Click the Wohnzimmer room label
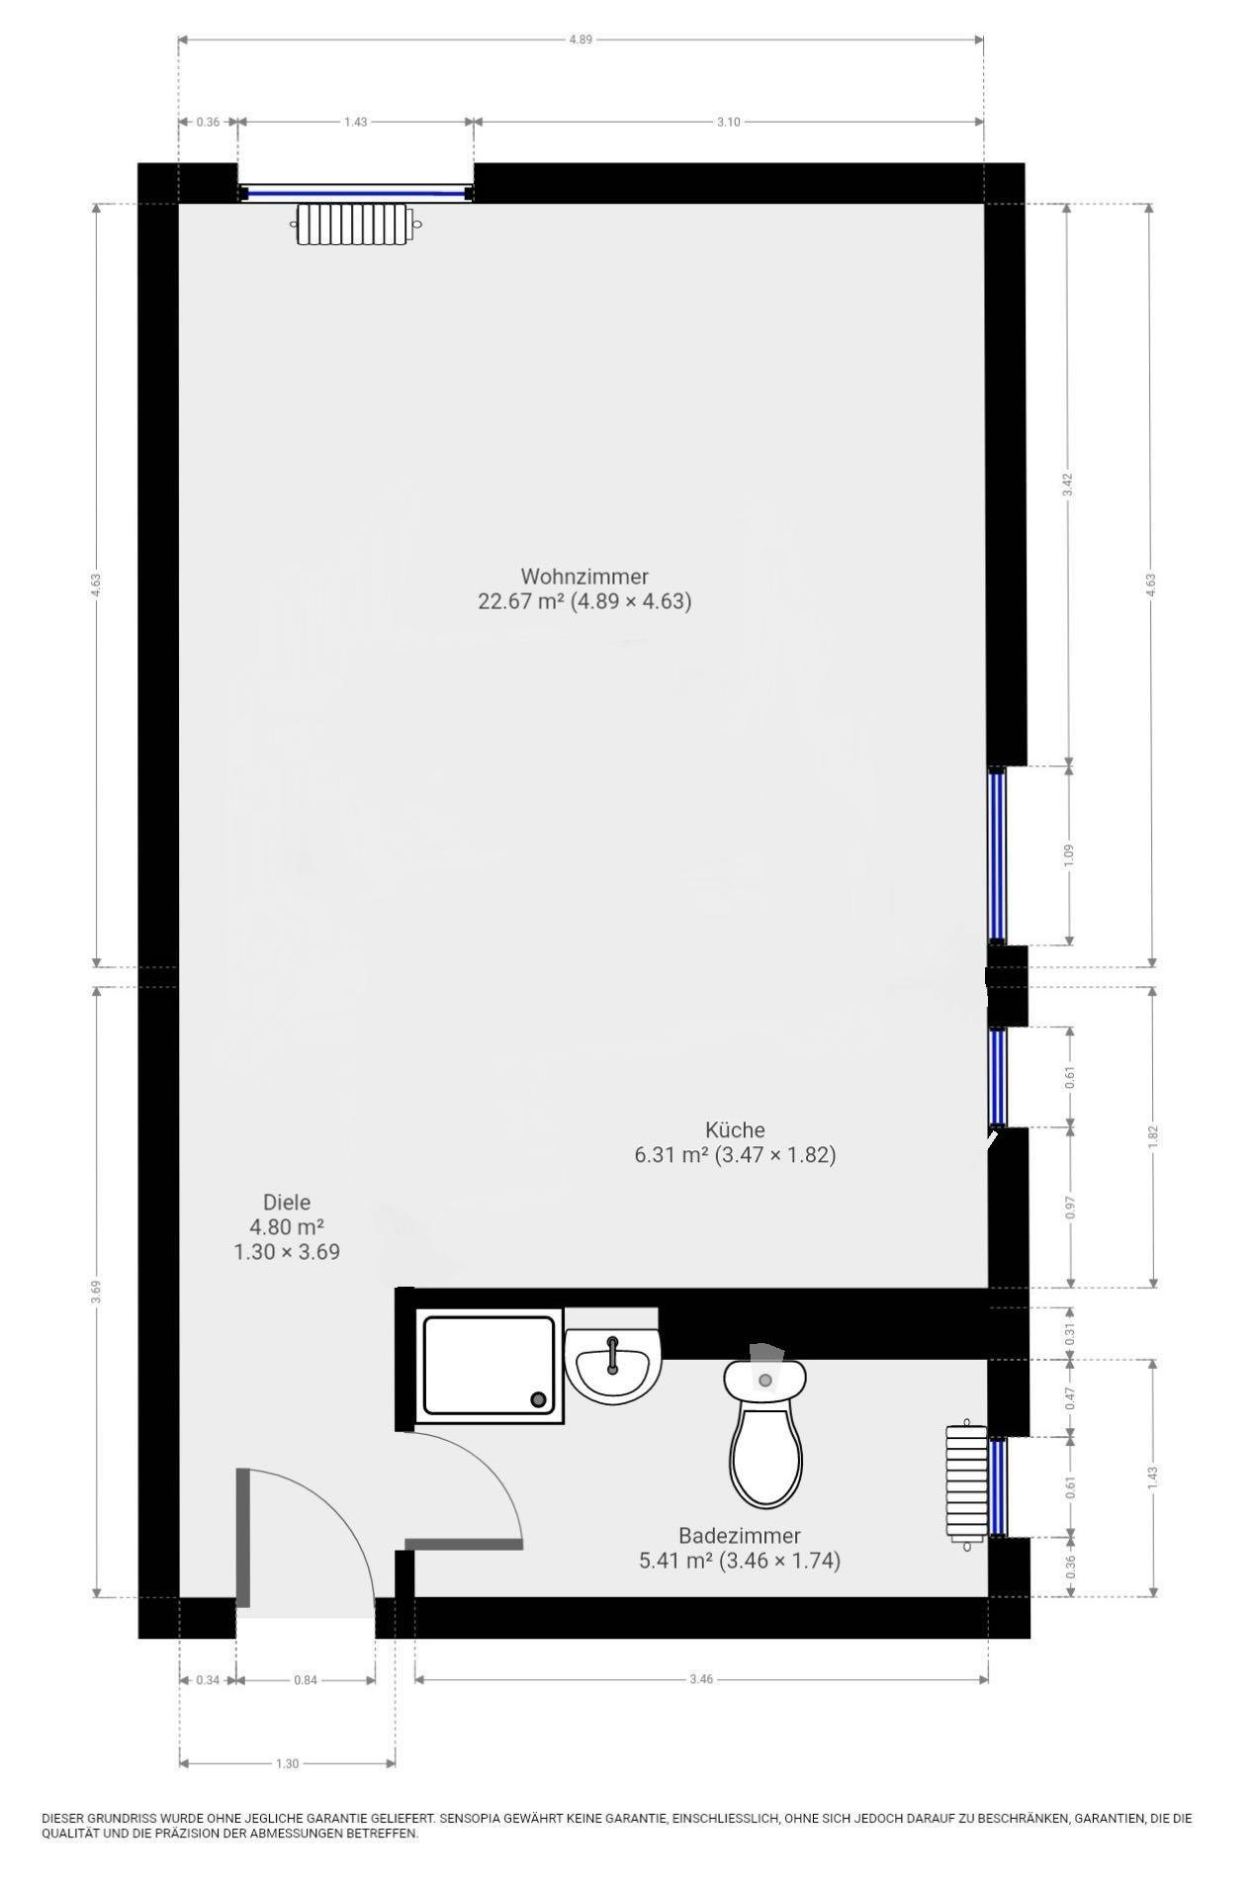(x=583, y=576)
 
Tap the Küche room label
(x=734, y=1129)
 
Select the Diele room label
(x=286, y=1203)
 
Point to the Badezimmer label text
(x=739, y=1536)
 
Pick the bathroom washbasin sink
(x=612, y=1365)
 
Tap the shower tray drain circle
(x=538, y=1398)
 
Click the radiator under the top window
(x=353, y=224)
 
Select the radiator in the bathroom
(x=966, y=1481)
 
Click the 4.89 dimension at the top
(x=582, y=40)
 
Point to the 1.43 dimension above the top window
(x=355, y=122)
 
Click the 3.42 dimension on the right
(x=1067, y=485)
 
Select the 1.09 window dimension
(x=1067, y=854)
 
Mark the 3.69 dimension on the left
(x=96, y=1292)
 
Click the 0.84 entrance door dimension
(x=305, y=1679)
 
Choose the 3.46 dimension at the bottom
(x=700, y=1679)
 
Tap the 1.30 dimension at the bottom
(x=287, y=1763)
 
